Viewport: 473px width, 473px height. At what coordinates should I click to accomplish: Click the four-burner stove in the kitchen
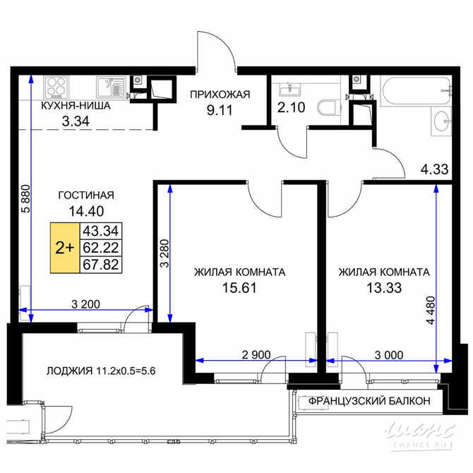(x=56, y=88)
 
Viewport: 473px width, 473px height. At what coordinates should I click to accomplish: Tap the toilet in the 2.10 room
(x=327, y=108)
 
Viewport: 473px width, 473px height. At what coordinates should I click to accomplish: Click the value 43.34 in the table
(x=101, y=231)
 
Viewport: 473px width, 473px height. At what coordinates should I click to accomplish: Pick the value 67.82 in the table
(x=101, y=265)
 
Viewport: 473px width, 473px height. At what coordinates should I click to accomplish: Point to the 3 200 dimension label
(x=85, y=304)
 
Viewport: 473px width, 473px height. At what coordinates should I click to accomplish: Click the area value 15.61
(x=239, y=287)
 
